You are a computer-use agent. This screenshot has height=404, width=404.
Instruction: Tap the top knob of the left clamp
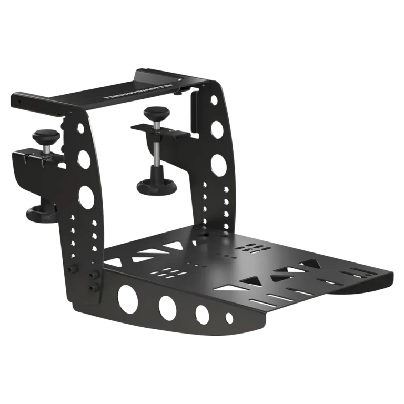(x=46, y=135)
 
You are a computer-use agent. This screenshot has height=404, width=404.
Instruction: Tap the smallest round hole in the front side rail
(x=229, y=318)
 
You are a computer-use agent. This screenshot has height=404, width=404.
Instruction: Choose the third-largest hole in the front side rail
(x=202, y=315)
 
